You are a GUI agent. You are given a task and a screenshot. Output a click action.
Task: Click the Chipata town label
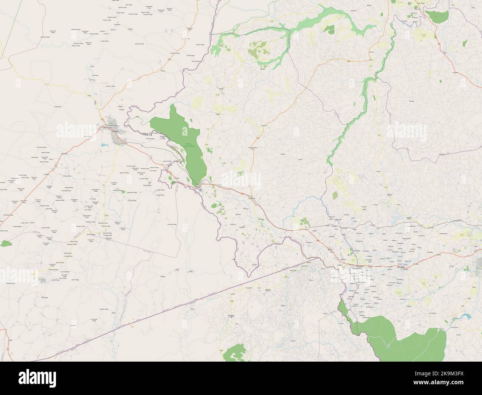tap(115, 131)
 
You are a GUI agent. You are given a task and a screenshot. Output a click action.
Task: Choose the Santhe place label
tap(371, 59)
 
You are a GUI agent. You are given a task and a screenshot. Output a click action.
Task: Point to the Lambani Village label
tap(131, 166)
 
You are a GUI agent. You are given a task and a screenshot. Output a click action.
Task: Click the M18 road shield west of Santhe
tap(348, 62)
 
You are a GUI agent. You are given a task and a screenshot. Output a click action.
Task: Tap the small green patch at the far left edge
tap(6, 243)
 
